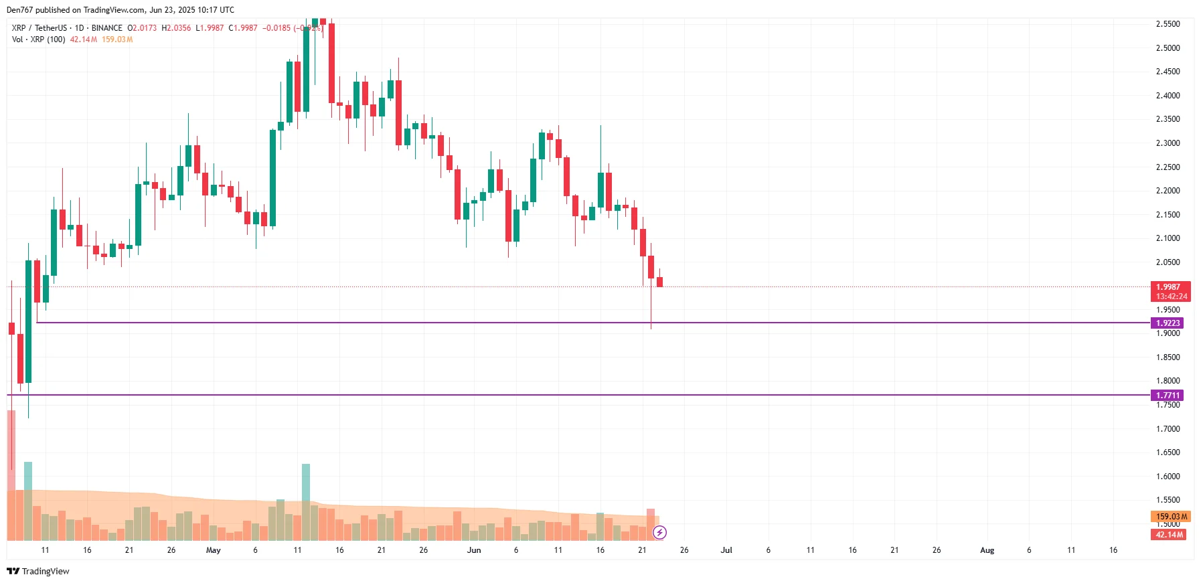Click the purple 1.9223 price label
click(1168, 323)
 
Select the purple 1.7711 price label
click(1168, 396)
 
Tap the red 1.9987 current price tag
click(1170, 287)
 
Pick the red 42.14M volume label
click(1169, 535)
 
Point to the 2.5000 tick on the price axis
click(1168, 48)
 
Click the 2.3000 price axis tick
click(1168, 143)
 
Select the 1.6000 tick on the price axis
click(1168, 477)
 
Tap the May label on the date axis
click(213, 550)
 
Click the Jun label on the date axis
click(474, 550)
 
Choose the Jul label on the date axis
click(726, 550)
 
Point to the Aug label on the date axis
click(987, 550)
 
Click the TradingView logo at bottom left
click(38, 571)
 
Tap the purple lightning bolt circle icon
click(659, 533)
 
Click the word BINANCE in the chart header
click(106, 28)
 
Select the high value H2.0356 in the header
click(176, 28)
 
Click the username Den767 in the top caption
click(19, 10)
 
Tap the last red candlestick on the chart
click(659, 282)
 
